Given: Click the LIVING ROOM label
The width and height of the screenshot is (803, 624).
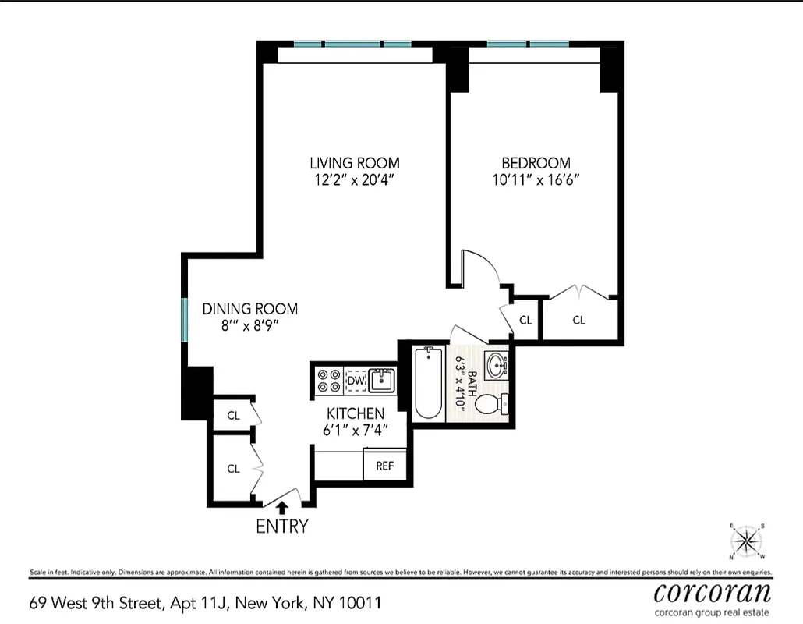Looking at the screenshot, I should pyautogui.click(x=355, y=163).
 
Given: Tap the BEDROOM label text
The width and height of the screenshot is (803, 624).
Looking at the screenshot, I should pyautogui.click(x=536, y=163).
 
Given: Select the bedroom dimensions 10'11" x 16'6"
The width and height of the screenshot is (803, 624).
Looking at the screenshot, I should pyautogui.click(x=536, y=180).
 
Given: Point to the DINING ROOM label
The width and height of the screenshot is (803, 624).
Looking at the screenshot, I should pyautogui.click(x=249, y=309).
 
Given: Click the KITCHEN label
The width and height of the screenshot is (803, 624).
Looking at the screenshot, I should pyautogui.click(x=355, y=413).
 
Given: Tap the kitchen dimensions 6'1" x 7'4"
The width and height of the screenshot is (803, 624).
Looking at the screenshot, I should pyautogui.click(x=355, y=430).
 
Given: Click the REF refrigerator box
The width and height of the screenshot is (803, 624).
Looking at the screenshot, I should pyautogui.click(x=384, y=466).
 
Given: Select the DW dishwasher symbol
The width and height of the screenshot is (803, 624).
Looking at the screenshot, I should pyautogui.click(x=356, y=380).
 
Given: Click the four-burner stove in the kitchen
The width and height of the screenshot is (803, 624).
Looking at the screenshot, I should pyautogui.click(x=328, y=381).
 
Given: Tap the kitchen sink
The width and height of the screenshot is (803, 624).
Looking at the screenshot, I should pyautogui.click(x=382, y=381).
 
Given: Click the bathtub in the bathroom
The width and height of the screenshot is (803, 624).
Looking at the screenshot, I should pyautogui.click(x=429, y=385).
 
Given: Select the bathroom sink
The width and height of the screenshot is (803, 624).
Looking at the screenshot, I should pyautogui.click(x=496, y=364).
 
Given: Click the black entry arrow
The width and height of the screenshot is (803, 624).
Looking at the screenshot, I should pyautogui.click(x=281, y=507).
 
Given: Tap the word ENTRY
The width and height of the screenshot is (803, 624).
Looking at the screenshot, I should pyautogui.click(x=281, y=526).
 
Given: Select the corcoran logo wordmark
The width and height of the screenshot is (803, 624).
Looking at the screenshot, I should pyautogui.click(x=713, y=592).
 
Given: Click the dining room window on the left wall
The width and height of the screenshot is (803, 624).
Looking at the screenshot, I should pyautogui.click(x=185, y=320).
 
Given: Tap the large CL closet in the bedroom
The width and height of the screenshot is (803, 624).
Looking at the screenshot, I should pyautogui.click(x=579, y=320).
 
